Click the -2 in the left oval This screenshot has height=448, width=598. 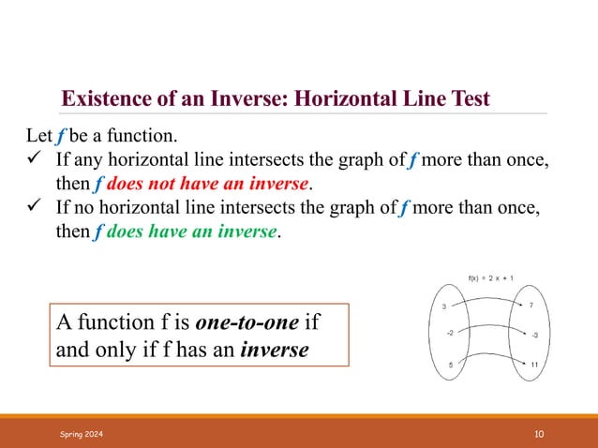(x=450, y=333)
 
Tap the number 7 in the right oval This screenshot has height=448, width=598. (x=531, y=306)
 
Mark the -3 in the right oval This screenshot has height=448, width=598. (x=533, y=335)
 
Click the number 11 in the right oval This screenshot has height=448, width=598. (x=533, y=366)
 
